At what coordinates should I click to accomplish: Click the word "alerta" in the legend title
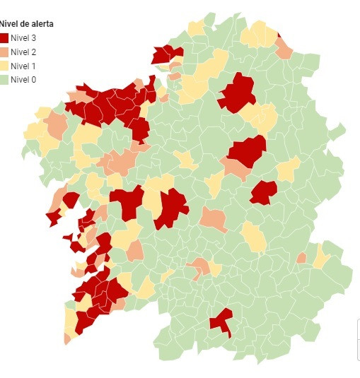click(40, 24)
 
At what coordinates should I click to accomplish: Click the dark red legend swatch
click(4, 37)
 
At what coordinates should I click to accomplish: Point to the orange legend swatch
click(4, 52)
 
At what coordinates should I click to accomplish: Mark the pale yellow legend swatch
click(4, 66)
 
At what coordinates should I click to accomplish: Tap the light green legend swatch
click(4, 80)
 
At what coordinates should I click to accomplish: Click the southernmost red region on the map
click(222, 321)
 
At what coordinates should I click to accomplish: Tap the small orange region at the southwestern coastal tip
click(67, 338)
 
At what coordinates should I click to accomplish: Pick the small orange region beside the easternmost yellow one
click(302, 258)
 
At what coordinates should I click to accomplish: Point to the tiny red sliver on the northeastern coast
click(279, 33)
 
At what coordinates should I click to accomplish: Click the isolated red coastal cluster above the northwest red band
click(167, 54)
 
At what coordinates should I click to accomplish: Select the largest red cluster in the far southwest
click(97, 297)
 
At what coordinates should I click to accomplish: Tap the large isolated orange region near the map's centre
click(213, 219)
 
